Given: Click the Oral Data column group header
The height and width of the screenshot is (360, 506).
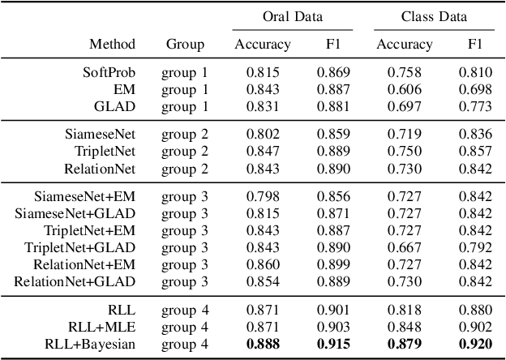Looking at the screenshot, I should click(x=293, y=16).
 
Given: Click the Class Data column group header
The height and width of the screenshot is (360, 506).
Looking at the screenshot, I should click(x=433, y=16).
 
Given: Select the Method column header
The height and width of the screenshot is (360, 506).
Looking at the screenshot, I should click(x=112, y=44).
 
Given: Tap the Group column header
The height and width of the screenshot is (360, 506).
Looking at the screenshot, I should click(x=185, y=44).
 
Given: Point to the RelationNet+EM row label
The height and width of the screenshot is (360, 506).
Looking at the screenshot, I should click(x=84, y=264).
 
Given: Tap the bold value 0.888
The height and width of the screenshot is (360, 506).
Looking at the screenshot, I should click(x=262, y=344).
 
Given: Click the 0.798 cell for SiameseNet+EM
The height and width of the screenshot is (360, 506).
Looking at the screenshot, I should click(x=262, y=196).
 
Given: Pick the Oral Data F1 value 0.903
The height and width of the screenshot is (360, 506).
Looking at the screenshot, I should click(x=333, y=328).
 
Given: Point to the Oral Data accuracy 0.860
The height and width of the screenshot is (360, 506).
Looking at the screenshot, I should click(x=262, y=264).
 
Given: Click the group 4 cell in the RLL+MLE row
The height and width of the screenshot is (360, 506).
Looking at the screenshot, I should click(x=185, y=328).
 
